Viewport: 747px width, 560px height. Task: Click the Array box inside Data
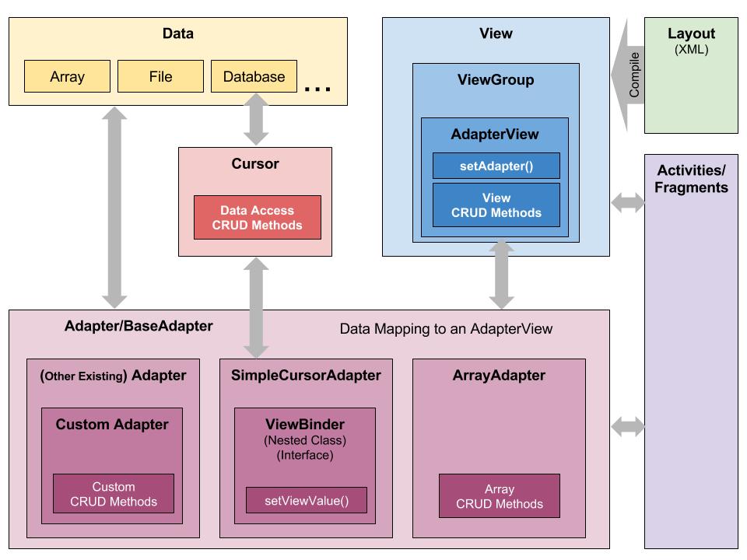pos(67,76)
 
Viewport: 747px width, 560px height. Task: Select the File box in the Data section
pos(160,76)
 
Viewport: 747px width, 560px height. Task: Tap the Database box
pos(254,76)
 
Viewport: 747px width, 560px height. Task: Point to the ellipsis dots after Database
pos(317,89)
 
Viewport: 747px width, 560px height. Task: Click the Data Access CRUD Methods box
pos(257,218)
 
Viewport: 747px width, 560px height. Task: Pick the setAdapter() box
pos(496,166)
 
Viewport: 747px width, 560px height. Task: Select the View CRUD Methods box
pos(496,205)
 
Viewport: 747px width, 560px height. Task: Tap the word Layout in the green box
pos(691,34)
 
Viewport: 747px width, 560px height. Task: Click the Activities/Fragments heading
pos(691,179)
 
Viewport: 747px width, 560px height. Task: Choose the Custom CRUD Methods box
pos(114,494)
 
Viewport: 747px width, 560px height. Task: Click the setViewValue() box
pos(307,500)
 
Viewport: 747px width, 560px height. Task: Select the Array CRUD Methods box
pos(499,495)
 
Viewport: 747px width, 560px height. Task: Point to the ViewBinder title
pos(305,425)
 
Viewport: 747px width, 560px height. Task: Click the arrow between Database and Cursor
pos(255,119)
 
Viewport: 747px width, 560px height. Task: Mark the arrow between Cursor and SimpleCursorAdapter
pos(255,307)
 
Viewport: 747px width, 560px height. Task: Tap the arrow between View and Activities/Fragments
pos(628,204)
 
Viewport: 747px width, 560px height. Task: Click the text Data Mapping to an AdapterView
pos(446,329)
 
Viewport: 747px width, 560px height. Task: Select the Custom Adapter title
pos(112,425)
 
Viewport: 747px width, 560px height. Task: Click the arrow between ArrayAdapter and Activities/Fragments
pos(628,426)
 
